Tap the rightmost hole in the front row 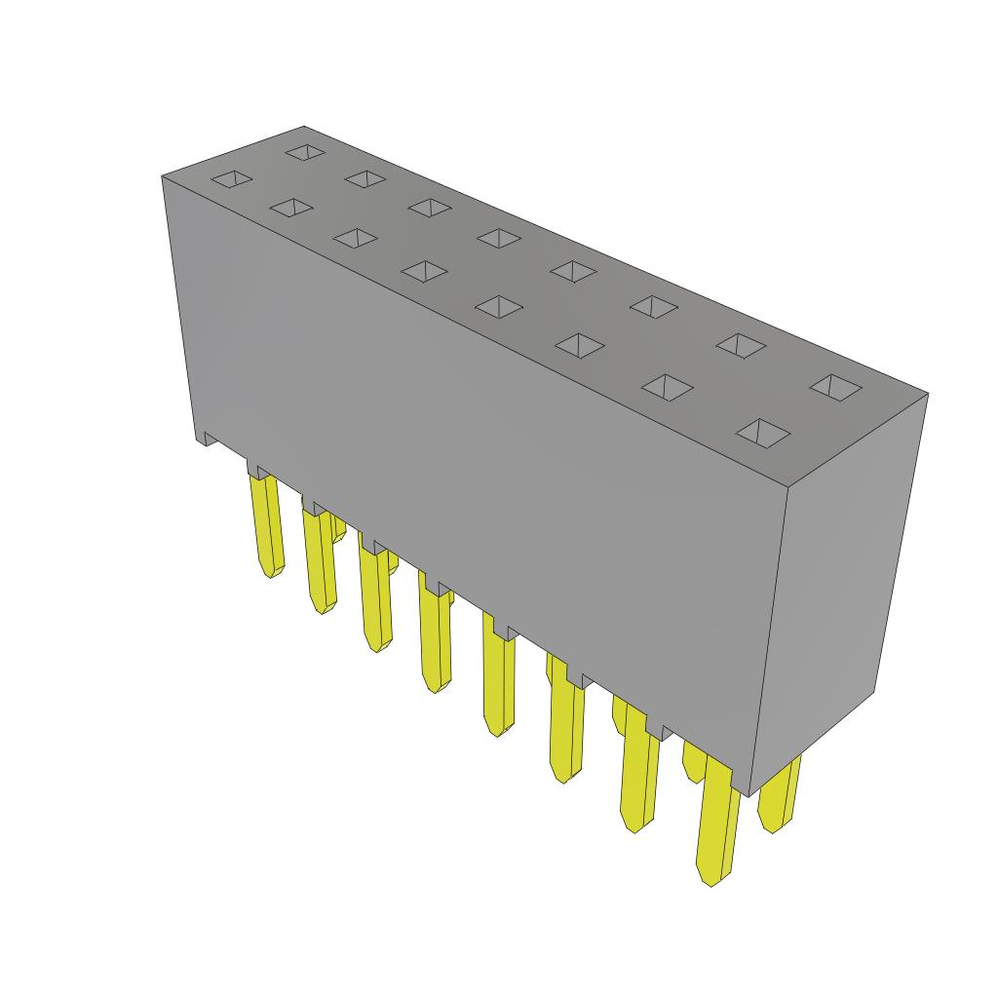point(762,432)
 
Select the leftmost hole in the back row point(304,153)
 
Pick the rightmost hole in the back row point(836,387)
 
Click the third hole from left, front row point(355,239)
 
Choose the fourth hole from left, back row point(500,238)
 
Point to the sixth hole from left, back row point(653,306)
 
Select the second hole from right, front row point(668,387)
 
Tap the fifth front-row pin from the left point(498,682)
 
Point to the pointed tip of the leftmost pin point(272,573)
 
